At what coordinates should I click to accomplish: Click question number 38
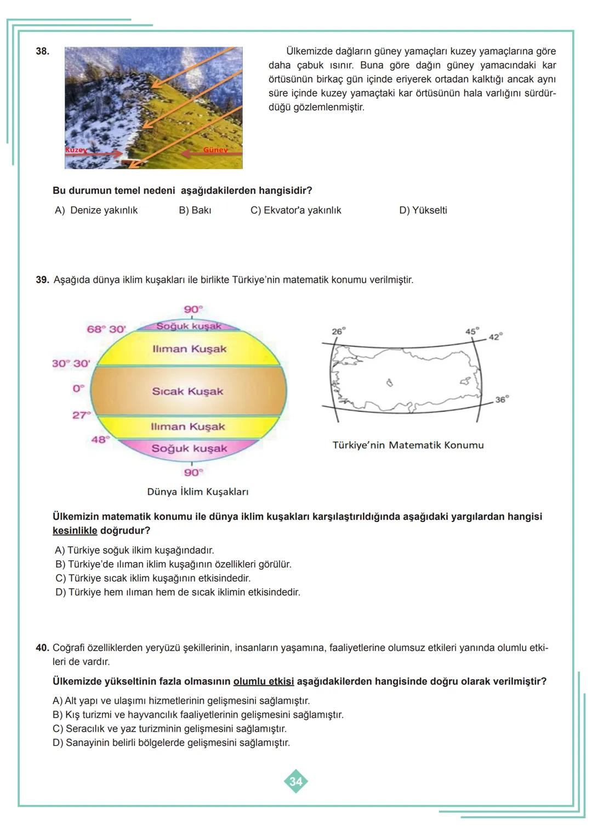[42, 52]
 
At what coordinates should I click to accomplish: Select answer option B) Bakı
[195, 210]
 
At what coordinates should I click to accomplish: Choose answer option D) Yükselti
[423, 210]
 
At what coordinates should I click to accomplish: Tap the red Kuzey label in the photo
[76, 150]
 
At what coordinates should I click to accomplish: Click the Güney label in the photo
[215, 150]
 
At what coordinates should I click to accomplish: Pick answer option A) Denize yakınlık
[96, 210]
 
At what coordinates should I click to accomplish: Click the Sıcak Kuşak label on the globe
[187, 392]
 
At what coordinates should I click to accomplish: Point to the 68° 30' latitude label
[106, 329]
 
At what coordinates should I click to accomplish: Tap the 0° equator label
[78, 389]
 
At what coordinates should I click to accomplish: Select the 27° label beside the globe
[81, 415]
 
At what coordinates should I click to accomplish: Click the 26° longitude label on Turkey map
[338, 331]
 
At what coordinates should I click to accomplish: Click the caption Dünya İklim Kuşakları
[197, 492]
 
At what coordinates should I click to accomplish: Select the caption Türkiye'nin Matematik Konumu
[408, 445]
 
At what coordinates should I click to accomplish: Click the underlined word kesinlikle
[75, 531]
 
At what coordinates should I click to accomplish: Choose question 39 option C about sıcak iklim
[153, 578]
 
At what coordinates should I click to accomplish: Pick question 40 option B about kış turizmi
[198, 715]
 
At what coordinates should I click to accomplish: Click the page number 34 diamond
[296, 781]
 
